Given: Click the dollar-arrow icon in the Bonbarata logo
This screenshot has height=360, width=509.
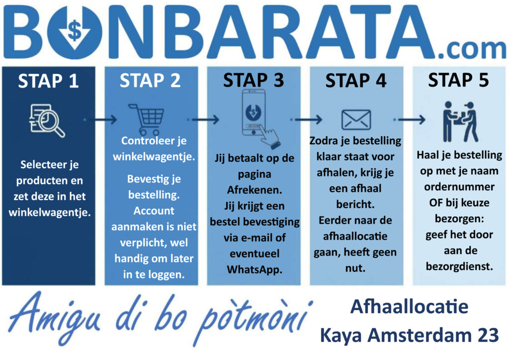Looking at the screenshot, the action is pos(75,31).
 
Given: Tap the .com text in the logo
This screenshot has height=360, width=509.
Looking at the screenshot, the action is pos(473,49).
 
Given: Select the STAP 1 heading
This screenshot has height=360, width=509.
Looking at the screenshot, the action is pos(48,81).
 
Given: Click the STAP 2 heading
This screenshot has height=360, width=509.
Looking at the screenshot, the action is pos(150,81).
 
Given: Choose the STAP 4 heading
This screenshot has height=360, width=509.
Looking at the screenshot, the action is pos(356,81).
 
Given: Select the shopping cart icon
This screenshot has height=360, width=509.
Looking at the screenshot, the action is pos(147,119).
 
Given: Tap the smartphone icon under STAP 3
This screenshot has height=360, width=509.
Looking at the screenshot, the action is pos(258,118).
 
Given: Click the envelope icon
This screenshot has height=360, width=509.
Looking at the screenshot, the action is pos(356,120).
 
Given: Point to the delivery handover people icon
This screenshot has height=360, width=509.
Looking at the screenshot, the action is pos(460,122).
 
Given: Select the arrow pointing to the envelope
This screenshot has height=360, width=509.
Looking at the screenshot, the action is pos(306,120).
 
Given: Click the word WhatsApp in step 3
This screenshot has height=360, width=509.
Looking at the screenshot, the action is pos(254,270).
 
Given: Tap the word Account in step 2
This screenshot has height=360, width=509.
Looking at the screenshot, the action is pos(154,211).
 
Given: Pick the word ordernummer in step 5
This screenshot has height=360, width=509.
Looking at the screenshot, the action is pos(459,186).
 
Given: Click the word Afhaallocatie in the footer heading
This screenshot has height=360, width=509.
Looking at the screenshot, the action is pos(410,307).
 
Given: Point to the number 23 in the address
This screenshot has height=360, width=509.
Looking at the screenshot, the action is pos(488,335).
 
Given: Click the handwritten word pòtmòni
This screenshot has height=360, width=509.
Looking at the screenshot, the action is pos(253,321).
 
